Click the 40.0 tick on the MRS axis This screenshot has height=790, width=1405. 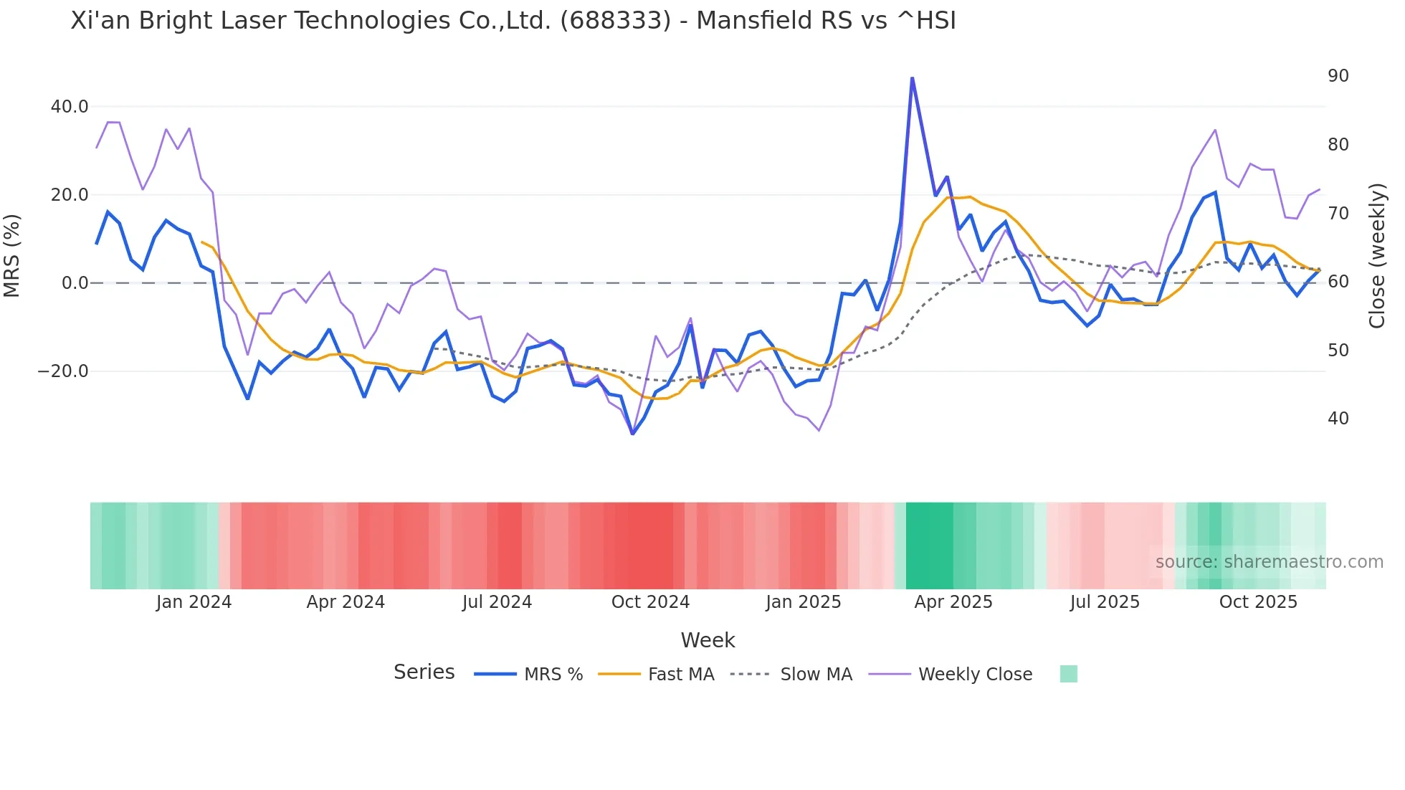pyautogui.click(x=70, y=107)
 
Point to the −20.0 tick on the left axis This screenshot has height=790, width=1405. pyautogui.click(x=63, y=371)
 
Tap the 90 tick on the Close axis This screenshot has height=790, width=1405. pyautogui.click(x=1338, y=76)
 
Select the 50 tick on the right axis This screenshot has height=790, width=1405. pyautogui.click(x=1338, y=351)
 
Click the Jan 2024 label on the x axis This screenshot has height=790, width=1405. pyautogui.click(x=194, y=602)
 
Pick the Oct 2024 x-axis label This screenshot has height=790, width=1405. pyautogui.click(x=650, y=602)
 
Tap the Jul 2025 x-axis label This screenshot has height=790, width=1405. pyautogui.click(x=1105, y=602)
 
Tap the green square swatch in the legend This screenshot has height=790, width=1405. pyautogui.click(x=1068, y=674)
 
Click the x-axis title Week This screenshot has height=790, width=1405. pyautogui.click(x=708, y=640)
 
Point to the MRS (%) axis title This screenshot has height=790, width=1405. pyautogui.click(x=12, y=255)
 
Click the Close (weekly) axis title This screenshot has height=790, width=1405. pyautogui.click(x=1376, y=255)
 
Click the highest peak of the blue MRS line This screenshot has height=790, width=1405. pyautogui.click(x=912, y=78)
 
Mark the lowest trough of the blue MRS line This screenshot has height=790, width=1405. pyautogui.click(x=632, y=434)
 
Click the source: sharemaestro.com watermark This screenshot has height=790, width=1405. pyautogui.click(x=1269, y=562)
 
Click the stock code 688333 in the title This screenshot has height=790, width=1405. pyautogui.click(x=616, y=21)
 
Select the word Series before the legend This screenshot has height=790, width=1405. pyautogui.click(x=424, y=672)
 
